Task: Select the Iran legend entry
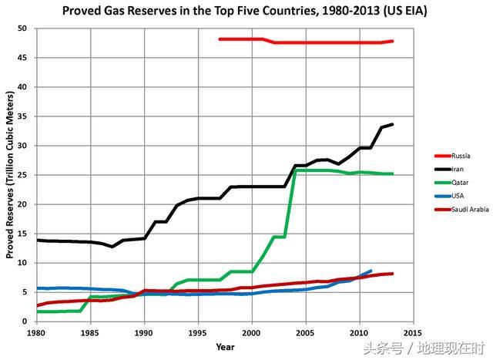[446, 170]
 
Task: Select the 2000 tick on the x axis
[252, 332]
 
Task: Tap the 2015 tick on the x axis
[413, 332]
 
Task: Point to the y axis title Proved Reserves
[10, 175]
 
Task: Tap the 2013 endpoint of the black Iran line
[392, 124]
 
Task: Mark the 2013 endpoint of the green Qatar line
[392, 174]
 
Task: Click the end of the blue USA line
[371, 271]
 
